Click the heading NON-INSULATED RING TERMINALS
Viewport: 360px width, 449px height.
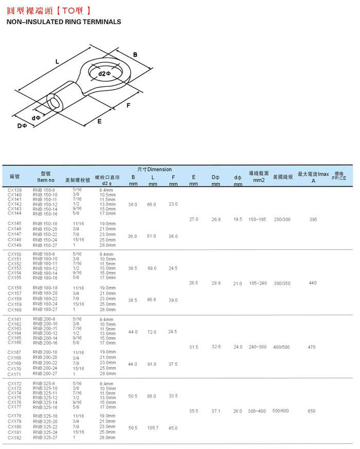63,22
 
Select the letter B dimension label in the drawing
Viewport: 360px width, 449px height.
135,55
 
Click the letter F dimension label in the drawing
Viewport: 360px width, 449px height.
129,105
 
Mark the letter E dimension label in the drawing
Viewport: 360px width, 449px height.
99,121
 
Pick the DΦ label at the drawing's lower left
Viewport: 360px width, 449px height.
22,125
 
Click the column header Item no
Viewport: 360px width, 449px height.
46,180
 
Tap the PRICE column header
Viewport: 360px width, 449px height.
339,178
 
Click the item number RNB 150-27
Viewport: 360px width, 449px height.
45,245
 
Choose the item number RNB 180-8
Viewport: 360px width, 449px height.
44,254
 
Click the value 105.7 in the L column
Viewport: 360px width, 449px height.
153,428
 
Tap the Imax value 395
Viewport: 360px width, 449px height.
313,220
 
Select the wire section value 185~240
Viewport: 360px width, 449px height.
258,283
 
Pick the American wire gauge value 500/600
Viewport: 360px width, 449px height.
281,411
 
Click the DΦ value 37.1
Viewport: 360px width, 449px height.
216,411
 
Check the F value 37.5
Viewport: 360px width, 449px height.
173,364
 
